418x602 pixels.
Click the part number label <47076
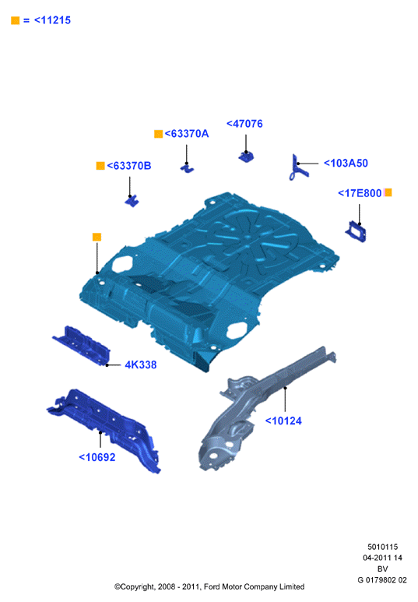click(x=244, y=124)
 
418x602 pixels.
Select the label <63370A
click(x=187, y=134)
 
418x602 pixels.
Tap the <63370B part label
click(x=129, y=166)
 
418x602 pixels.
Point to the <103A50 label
click(x=346, y=164)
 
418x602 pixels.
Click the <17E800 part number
click(x=360, y=193)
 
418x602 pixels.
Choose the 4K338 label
click(x=141, y=364)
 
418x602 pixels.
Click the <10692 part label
click(x=97, y=457)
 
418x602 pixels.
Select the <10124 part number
click(x=283, y=421)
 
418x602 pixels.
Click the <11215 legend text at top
click(x=53, y=20)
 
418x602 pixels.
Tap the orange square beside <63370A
click(x=158, y=134)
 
